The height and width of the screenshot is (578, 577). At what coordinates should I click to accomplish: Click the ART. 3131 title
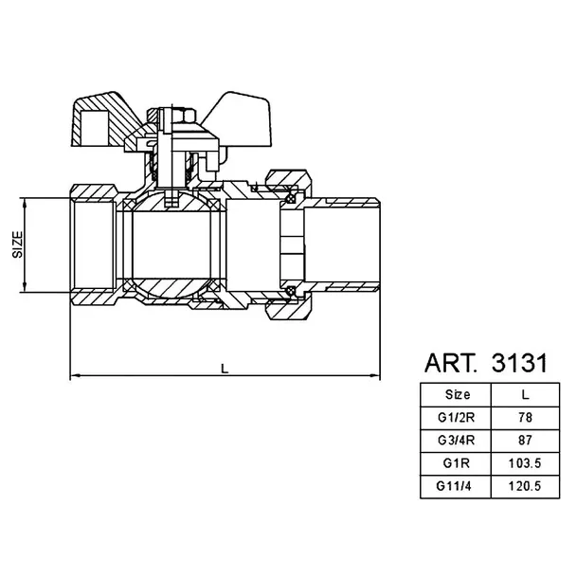[486, 363]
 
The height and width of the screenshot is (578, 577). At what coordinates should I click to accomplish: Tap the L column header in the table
[526, 395]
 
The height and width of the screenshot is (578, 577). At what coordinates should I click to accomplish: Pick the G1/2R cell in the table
[456, 418]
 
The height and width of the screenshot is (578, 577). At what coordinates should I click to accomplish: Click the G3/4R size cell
[456, 441]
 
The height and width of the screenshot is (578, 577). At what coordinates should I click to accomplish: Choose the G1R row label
[456, 463]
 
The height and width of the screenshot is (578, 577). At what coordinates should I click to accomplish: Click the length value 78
[525, 418]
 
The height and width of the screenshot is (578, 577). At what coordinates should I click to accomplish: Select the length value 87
[525, 441]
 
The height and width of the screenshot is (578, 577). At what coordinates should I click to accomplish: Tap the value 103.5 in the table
[525, 463]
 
